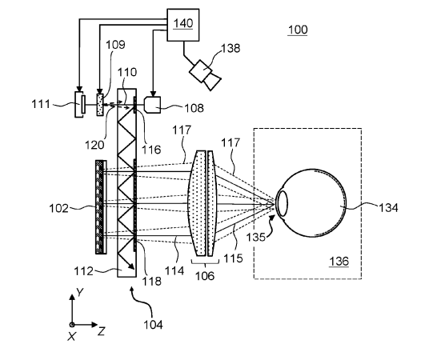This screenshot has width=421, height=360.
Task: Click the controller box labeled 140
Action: pos(183,25)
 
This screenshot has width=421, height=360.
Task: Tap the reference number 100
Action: pos(298,30)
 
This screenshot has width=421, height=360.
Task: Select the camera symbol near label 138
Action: pos(205,75)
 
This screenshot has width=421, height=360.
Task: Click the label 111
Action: pos(41,104)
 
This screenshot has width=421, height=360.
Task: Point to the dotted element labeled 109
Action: pos(100,105)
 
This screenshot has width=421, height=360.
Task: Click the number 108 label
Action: pos(194,108)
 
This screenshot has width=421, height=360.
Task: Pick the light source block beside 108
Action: pos(153,105)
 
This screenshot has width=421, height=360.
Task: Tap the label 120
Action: pos(94,145)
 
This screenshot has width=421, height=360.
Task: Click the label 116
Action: pos(151,150)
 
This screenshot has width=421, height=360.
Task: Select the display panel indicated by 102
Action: pos(101,206)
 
